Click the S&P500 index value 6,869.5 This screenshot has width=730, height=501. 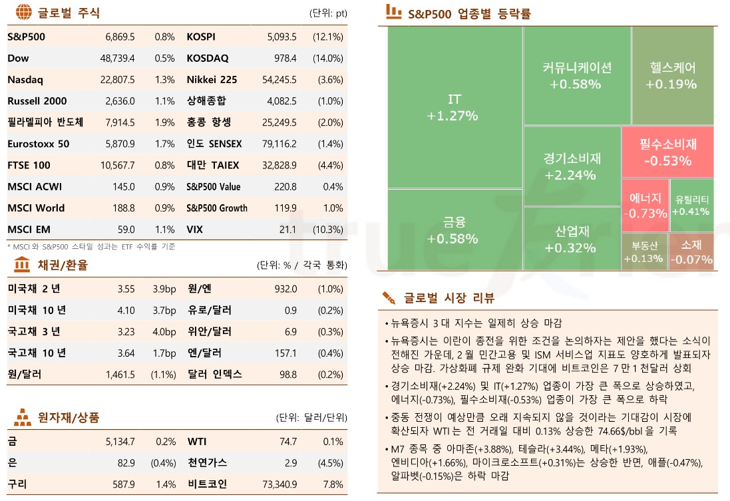tap(120, 37)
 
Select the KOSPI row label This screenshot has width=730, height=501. tap(201, 37)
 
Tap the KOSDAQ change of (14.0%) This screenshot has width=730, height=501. tap(327, 58)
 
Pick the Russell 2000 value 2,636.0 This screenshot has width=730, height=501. tap(120, 101)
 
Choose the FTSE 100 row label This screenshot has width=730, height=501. tap(29, 165)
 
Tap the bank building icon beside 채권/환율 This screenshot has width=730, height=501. tap(21, 265)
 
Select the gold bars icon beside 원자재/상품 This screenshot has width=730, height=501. tap(22, 417)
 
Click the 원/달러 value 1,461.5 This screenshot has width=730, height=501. tap(120, 374)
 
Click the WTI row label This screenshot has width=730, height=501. tap(197, 441)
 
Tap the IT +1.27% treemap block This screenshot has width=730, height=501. tap(455, 106)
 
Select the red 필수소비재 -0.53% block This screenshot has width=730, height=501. tap(667, 152)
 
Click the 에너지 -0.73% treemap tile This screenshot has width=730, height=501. tap(645, 205)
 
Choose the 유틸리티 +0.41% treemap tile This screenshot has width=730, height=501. tap(691, 205)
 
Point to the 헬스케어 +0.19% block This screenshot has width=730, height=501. tap(672, 75)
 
